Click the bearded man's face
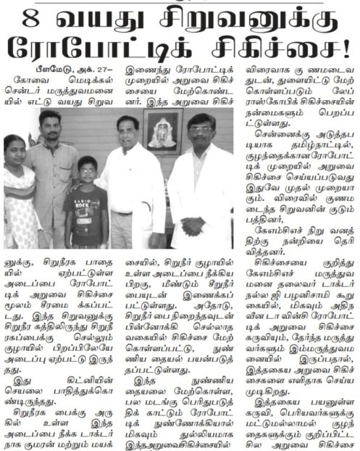[x=50, y=127]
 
